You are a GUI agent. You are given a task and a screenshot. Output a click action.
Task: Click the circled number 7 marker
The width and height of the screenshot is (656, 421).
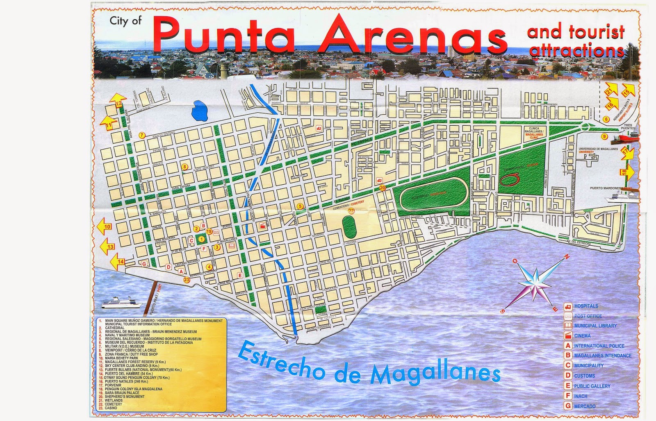click(142, 135)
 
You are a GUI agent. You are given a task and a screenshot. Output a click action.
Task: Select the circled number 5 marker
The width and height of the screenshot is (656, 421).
click(300, 206)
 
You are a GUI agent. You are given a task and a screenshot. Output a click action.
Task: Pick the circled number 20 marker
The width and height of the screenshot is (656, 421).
click(383, 188)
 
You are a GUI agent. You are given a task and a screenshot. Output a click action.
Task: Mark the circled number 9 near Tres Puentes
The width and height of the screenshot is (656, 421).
click(604, 136)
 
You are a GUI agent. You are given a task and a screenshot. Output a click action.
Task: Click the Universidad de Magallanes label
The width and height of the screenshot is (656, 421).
click(598, 149)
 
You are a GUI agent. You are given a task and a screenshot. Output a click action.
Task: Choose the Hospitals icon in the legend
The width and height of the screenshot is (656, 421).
click(568, 306)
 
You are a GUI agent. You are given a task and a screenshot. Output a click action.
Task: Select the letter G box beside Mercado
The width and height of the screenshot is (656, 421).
click(568, 406)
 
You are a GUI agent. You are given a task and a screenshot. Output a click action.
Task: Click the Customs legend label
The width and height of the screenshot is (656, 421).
click(584, 376)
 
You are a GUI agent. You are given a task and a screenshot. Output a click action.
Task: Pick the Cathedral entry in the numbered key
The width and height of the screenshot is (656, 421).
click(114, 328)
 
